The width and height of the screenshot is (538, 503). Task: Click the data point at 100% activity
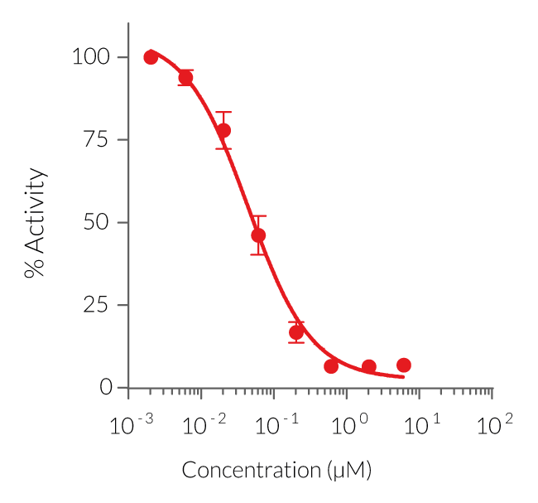coord(151,57)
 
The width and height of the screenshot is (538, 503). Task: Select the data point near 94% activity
coord(185,77)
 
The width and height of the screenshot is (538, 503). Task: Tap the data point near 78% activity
coord(223,130)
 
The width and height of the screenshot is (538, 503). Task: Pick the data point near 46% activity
coord(258,235)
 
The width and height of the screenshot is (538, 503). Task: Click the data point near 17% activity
coord(296,332)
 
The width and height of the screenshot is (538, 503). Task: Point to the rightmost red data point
coord(404,365)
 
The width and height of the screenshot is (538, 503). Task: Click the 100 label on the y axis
coord(92,57)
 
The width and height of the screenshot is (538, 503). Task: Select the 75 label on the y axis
coord(98,139)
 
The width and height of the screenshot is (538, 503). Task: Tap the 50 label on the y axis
coord(98,222)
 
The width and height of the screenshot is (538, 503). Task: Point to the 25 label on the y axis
coord(98,305)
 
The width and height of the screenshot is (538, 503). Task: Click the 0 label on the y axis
coord(105,387)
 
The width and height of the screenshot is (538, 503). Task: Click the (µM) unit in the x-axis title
coord(348,471)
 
